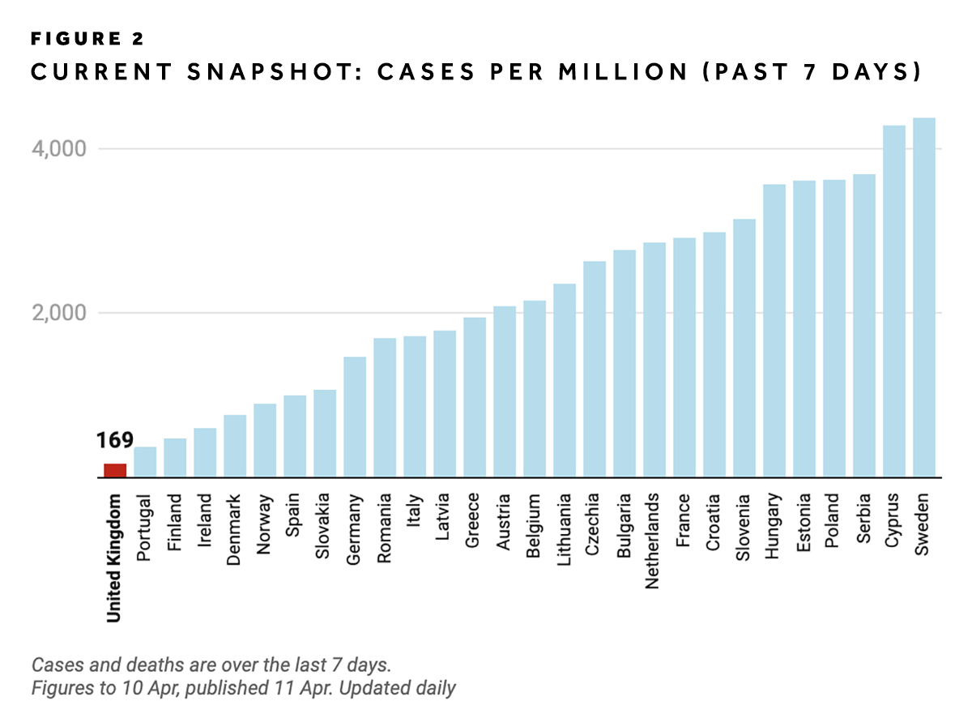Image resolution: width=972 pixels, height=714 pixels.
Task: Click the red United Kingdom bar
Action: click(115, 470)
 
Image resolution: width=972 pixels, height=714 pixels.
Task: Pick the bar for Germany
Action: click(355, 417)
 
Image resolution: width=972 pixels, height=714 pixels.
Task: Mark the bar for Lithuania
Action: click(565, 380)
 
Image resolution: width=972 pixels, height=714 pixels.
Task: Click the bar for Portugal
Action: click(145, 461)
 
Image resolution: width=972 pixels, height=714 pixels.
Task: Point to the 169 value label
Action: click(114, 442)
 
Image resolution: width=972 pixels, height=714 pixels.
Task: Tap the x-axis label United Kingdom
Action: click(114, 558)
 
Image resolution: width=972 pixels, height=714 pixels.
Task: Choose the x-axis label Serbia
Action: click(864, 519)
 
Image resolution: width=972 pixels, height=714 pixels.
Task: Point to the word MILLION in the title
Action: click(637, 73)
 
